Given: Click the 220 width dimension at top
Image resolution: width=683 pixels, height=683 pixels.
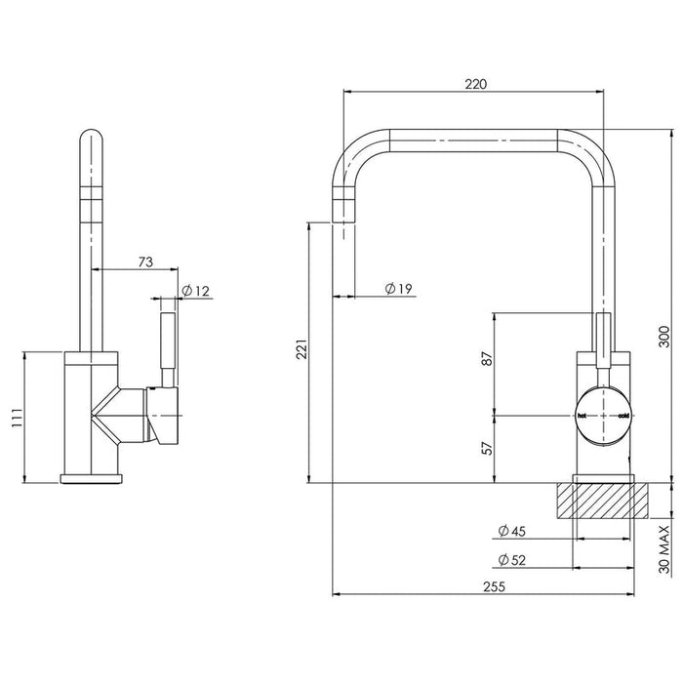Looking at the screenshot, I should (x=474, y=84).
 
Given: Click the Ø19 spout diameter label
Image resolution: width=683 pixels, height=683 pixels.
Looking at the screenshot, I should (x=399, y=288).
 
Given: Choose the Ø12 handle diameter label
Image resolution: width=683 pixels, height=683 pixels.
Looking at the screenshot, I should (x=196, y=291).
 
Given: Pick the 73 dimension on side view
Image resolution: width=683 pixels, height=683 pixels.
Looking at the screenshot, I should (x=144, y=261).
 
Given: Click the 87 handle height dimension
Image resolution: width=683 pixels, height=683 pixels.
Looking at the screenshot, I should (x=487, y=358).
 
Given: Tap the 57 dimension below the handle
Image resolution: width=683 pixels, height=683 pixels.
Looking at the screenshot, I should (x=487, y=448).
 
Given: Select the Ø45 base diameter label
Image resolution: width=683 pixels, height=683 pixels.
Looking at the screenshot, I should (x=511, y=532).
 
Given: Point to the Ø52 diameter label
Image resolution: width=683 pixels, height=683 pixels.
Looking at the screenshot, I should (x=511, y=560).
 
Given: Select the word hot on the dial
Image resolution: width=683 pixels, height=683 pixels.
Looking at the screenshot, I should (x=583, y=416).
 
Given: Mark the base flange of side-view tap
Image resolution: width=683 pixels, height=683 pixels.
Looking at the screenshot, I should (x=93, y=478).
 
